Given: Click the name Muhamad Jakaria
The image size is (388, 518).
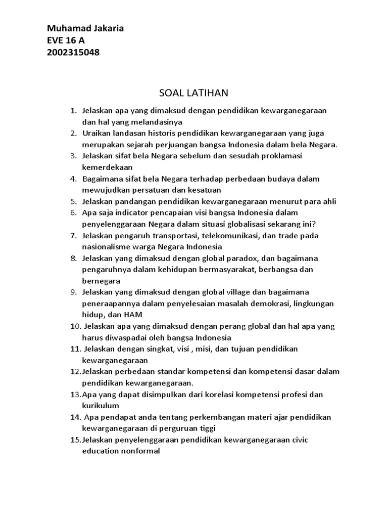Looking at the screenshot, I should pos(85,29).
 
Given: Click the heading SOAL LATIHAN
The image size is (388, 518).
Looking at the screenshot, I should pos(194,93).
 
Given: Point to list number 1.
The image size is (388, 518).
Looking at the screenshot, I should pos(73,110).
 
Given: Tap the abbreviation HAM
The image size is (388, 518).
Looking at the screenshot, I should pos(127,315).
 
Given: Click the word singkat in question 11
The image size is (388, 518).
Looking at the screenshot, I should pos(154,349).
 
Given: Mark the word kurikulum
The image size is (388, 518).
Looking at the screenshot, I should pos(101,406).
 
